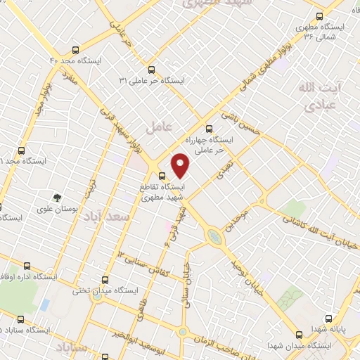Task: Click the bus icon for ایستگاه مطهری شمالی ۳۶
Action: click(x=321, y=15)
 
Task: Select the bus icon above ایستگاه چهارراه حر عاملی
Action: click(x=208, y=129)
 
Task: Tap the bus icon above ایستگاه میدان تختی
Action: click(x=105, y=279)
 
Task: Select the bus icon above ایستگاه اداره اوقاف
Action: click(x=27, y=266)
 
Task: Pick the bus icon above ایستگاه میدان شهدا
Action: click(x=300, y=334)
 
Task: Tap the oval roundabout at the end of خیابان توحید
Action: click(x=214, y=238)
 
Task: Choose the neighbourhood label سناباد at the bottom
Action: click(x=74, y=349)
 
